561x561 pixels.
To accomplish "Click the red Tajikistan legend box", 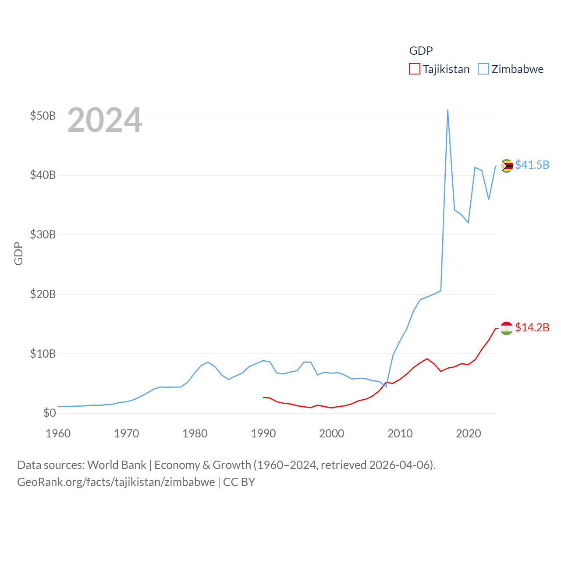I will pyautogui.click(x=414, y=69).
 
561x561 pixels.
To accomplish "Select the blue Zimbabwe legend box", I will pyautogui.click(x=483, y=69).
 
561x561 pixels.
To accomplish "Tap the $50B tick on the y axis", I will pyautogui.click(x=43, y=116).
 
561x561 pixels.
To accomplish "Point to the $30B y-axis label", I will pyautogui.click(x=43, y=234).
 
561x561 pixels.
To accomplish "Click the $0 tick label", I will pyautogui.click(x=50, y=413).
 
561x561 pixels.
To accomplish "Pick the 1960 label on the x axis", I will pyautogui.click(x=58, y=433).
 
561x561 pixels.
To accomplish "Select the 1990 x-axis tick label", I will pyautogui.click(x=263, y=433).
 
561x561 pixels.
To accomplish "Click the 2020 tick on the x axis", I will pyautogui.click(x=468, y=433).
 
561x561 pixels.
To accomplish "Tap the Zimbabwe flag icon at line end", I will pyautogui.click(x=507, y=166).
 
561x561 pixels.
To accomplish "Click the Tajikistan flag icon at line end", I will pyautogui.click(x=507, y=328).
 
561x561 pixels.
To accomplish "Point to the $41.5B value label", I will pyautogui.click(x=532, y=165).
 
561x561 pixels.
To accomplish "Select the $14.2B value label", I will pyautogui.click(x=532, y=327).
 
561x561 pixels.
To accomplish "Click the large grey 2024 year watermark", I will pyautogui.click(x=104, y=120).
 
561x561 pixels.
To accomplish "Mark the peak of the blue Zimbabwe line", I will pyautogui.click(x=447, y=110).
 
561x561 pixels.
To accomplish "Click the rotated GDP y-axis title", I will pyautogui.click(x=18, y=253).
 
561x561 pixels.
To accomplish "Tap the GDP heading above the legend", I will pyautogui.click(x=421, y=51).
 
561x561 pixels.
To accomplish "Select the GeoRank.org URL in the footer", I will pyautogui.click(x=116, y=482).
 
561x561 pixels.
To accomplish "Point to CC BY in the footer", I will pyautogui.click(x=239, y=482).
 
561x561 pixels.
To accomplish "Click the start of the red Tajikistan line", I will pyautogui.click(x=263, y=397).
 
